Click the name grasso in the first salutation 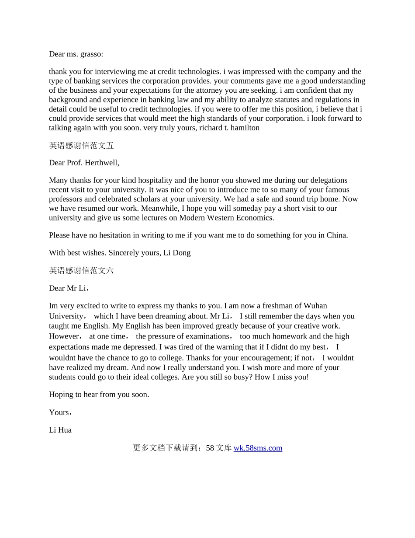pos(90,54)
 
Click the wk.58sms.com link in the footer pos(258,448)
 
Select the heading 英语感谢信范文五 pos(81,145)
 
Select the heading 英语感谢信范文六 pos(81,270)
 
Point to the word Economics pos(255,217)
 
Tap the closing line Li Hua pos(60,430)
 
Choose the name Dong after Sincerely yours pos(181,253)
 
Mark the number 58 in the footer pos(210,448)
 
